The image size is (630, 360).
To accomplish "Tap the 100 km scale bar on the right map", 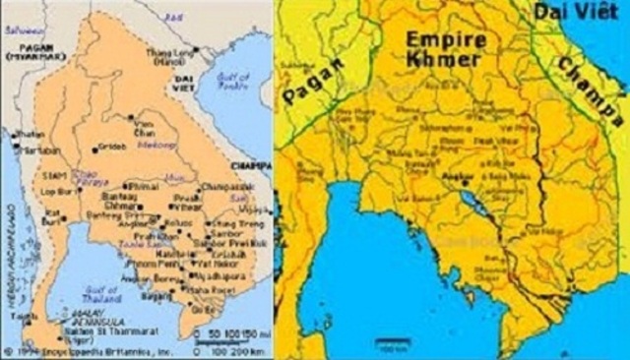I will pyautogui.click(x=388, y=345).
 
